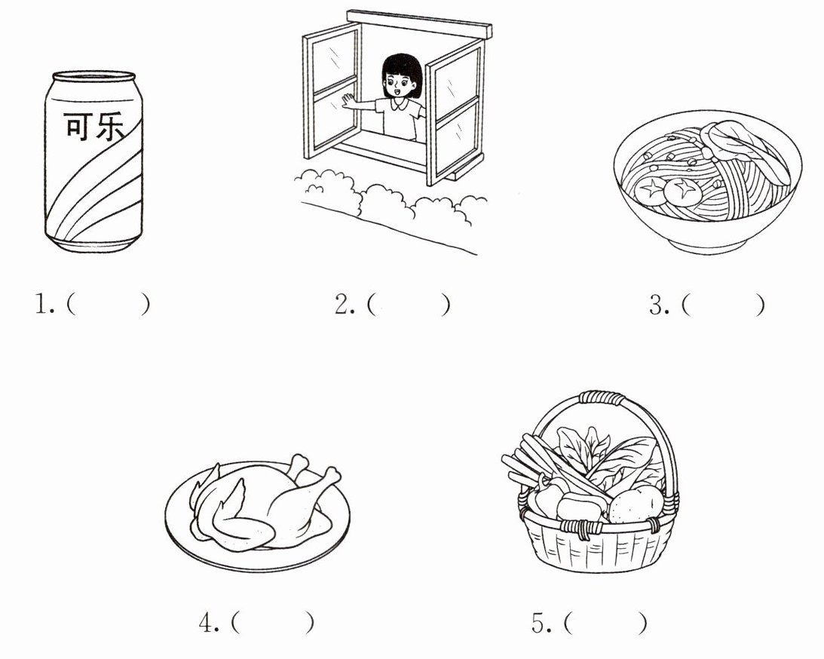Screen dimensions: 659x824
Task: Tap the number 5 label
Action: [541, 624]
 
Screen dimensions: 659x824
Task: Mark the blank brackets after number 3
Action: [723, 305]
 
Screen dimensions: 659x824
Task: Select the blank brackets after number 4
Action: [272, 624]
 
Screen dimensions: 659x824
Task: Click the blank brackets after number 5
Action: [605, 624]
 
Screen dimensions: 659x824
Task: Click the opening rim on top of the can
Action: [93, 75]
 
